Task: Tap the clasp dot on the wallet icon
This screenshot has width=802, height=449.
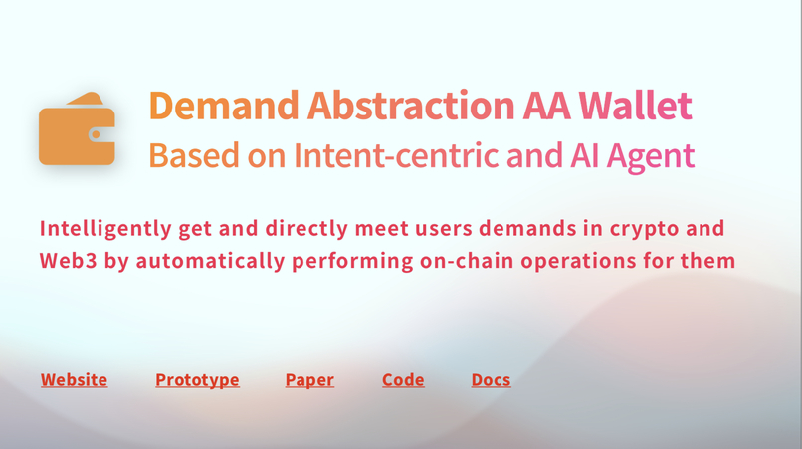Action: click(97, 134)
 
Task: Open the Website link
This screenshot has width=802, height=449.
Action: click(74, 379)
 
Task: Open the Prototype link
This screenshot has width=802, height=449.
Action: click(197, 379)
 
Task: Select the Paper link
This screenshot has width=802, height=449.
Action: click(309, 379)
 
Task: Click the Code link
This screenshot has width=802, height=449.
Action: click(403, 379)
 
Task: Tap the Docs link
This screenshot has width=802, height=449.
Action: click(491, 379)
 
